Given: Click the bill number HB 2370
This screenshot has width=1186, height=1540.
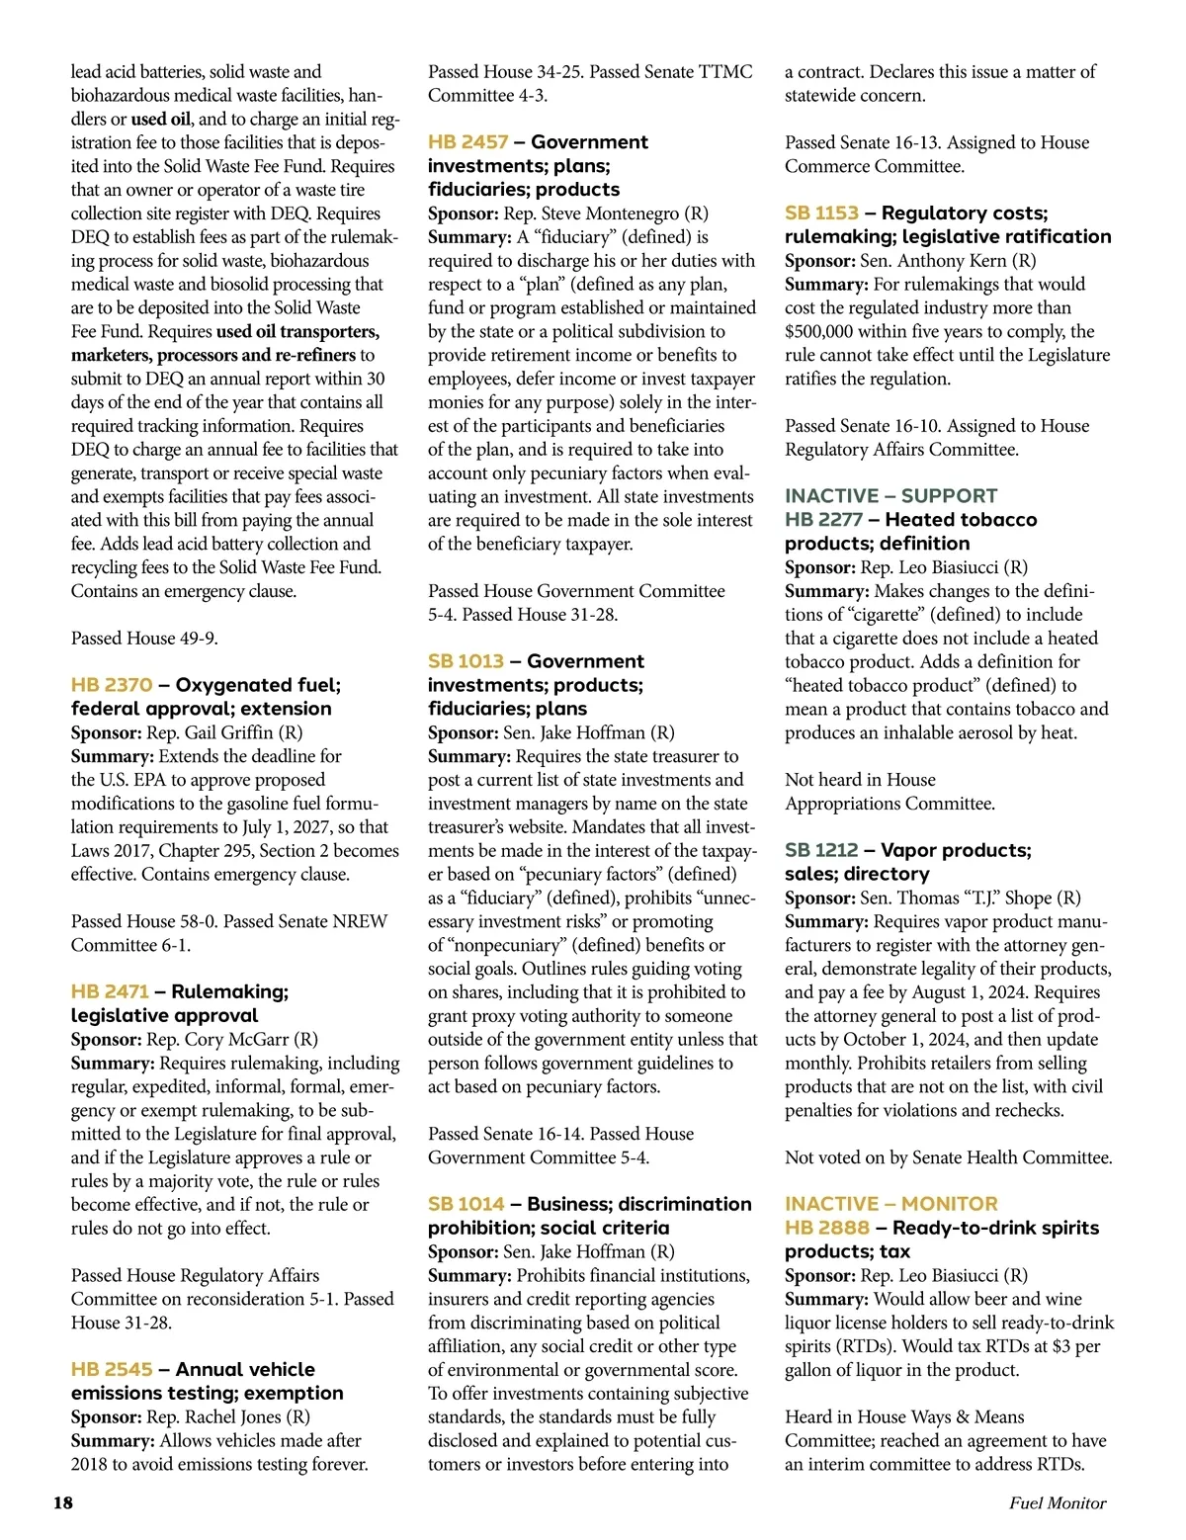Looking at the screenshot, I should [112, 685].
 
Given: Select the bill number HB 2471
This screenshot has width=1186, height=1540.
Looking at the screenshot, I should [110, 991].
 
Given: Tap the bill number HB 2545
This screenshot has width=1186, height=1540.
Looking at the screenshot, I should [112, 1369].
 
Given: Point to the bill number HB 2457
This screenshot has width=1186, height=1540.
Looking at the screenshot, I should [467, 141].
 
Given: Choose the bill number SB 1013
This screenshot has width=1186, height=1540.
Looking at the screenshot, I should [466, 661].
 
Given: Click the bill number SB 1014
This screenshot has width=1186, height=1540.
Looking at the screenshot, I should [466, 1204].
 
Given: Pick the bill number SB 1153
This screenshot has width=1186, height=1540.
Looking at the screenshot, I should [821, 213].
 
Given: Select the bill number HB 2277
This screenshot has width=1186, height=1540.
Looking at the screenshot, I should [823, 520].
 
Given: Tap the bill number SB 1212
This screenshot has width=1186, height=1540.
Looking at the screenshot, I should [821, 850].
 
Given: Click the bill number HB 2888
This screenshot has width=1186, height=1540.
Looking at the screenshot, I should [827, 1228].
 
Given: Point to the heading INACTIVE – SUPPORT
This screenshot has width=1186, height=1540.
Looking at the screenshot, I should [890, 496].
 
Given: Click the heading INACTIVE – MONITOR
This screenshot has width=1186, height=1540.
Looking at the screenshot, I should [890, 1204].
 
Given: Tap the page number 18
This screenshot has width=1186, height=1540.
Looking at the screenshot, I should [63, 1503].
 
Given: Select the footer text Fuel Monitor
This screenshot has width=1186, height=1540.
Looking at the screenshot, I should [1057, 1503].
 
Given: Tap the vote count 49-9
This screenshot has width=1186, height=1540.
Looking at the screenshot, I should [197, 639].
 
